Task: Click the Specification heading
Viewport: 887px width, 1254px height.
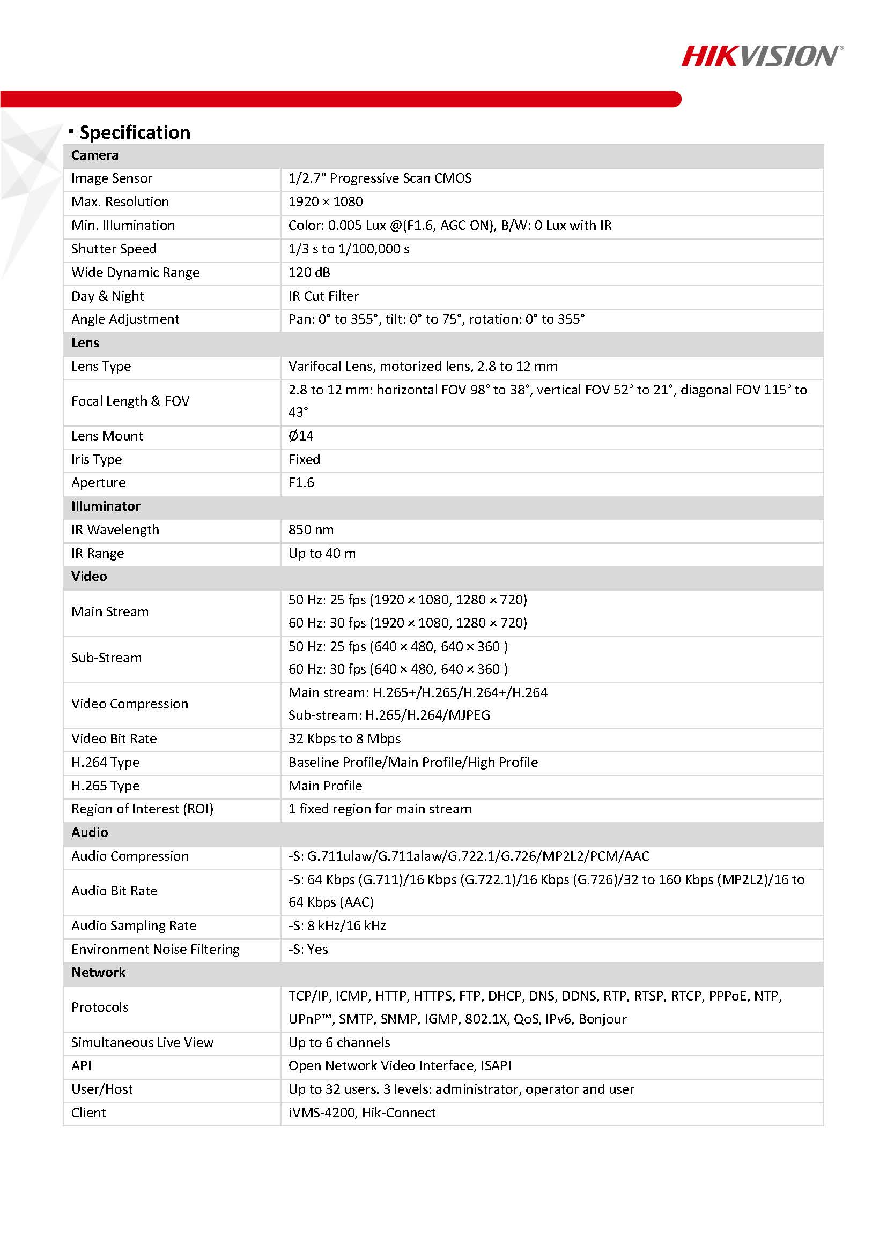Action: (135, 132)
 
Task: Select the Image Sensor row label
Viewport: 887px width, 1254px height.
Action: (112, 178)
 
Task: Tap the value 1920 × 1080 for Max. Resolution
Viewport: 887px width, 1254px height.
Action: (325, 202)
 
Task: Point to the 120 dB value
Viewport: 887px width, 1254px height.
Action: (309, 273)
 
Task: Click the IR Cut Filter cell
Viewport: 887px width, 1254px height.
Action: (323, 296)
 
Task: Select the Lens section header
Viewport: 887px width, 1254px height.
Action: (85, 343)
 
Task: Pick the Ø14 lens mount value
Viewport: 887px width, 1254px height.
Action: (301, 436)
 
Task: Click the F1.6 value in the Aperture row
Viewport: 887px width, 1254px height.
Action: (301, 483)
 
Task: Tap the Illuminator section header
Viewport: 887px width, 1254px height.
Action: (106, 506)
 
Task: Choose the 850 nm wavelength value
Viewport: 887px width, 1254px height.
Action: (311, 530)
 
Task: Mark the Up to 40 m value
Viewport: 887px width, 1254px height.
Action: (322, 553)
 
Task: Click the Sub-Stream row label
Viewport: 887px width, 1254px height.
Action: (106, 658)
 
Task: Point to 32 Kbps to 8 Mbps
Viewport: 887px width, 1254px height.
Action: (344, 739)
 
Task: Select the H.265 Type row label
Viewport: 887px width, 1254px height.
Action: (105, 786)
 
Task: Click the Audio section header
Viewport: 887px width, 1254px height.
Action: (90, 832)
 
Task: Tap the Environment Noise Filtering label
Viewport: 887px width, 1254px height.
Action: (155, 949)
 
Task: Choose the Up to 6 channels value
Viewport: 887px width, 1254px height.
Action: (339, 1043)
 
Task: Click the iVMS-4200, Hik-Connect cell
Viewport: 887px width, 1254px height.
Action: (362, 1113)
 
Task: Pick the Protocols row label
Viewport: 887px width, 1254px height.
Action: (99, 1007)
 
